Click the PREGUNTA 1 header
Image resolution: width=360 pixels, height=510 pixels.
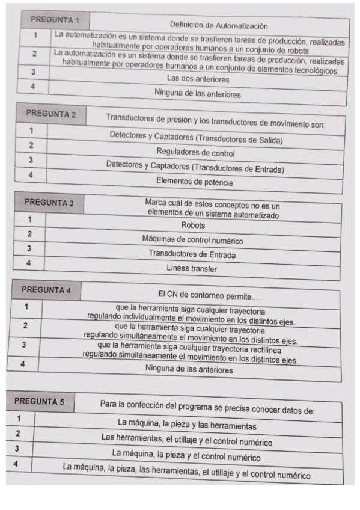pyautogui.click(x=56, y=20)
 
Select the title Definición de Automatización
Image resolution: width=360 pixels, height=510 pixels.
pyautogui.click(x=218, y=26)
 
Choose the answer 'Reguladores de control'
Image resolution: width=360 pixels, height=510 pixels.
pyautogui.click(x=195, y=152)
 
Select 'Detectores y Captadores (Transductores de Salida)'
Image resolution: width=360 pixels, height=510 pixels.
pyautogui.click(x=196, y=138)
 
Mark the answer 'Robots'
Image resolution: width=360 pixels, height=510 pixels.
pyautogui.click(x=193, y=225)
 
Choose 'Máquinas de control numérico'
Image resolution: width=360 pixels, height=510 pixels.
pyautogui.click(x=192, y=240)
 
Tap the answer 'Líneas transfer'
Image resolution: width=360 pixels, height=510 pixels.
pyautogui.click(x=191, y=269)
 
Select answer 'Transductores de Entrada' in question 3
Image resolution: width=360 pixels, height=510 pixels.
pyautogui.click(x=192, y=254)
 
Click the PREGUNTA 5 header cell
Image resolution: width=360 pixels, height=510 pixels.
pyautogui.click(x=39, y=401)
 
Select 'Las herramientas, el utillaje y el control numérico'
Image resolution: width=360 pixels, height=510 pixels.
pyautogui.click(x=187, y=442)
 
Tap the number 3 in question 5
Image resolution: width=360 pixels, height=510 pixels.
pyautogui.click(x=19, y=449)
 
